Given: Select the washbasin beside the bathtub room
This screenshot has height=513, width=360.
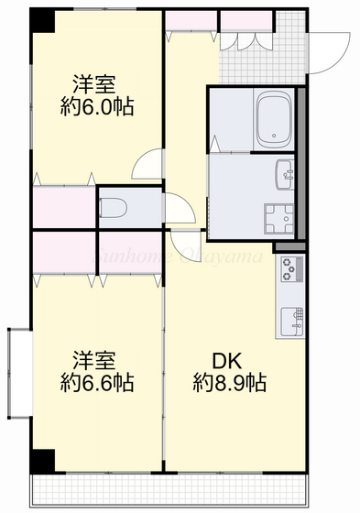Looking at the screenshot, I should pyautogui.click(x=284, y=171).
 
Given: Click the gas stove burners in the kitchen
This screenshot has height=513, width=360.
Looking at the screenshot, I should pyautogui.click(x=292, y=269).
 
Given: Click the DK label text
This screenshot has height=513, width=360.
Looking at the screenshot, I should pyautogui.click(x=228, y=359).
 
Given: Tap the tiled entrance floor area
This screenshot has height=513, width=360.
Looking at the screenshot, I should pyautogui.click(x=291, y=46).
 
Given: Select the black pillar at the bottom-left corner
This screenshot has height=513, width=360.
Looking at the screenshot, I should pyautogui.click(x=41, y=461).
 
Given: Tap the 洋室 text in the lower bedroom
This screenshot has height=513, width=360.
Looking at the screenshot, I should pyautogui.click(x=95, y=358).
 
